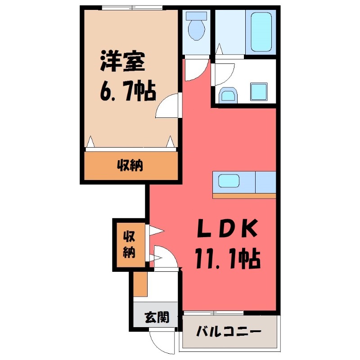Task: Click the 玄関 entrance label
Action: pyautogui.click(x=157, y=317)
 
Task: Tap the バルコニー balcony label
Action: pyautogui.click(x=229, y=333)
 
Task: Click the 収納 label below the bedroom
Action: pyautogui.click(x=130, y=166)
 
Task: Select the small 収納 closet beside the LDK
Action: pyautogui.click(x=129, y=245)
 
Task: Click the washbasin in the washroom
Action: pyautogui.click(x=228, y=95)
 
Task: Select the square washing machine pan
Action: pyautogui.click(x=258, y=92)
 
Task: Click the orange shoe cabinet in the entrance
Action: pyautogui.click(x=141, y=284)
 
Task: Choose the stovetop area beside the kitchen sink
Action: pyautogui.click(x=265, y=182)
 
